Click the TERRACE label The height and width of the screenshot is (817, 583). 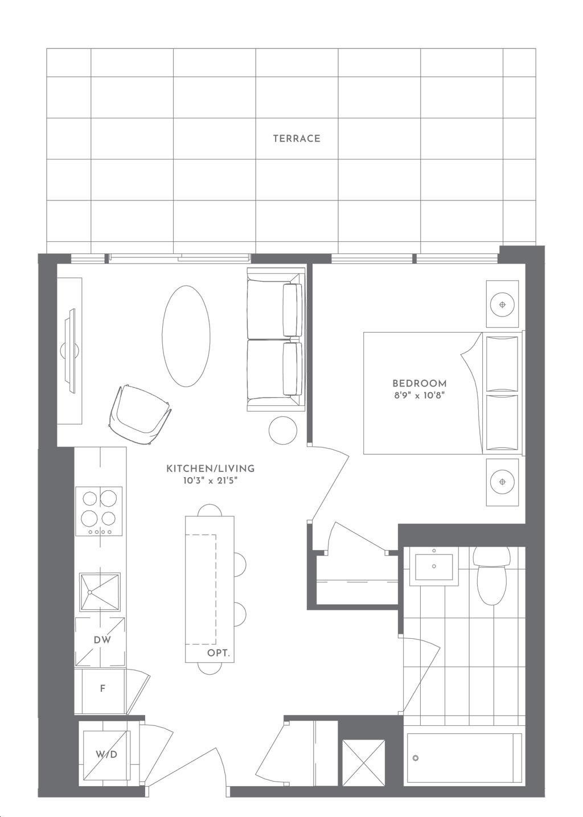tap(296, 138)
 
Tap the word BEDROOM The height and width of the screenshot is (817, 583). tap(419, 383)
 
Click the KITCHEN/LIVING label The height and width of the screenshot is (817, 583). tap(210, 469)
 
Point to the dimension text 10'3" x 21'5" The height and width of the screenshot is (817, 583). tap(210, 481)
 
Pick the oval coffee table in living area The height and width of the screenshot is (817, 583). tap(186, 336)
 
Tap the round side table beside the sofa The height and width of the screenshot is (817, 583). tap(282, 430)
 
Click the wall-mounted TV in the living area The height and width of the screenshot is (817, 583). tap(71, 351)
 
